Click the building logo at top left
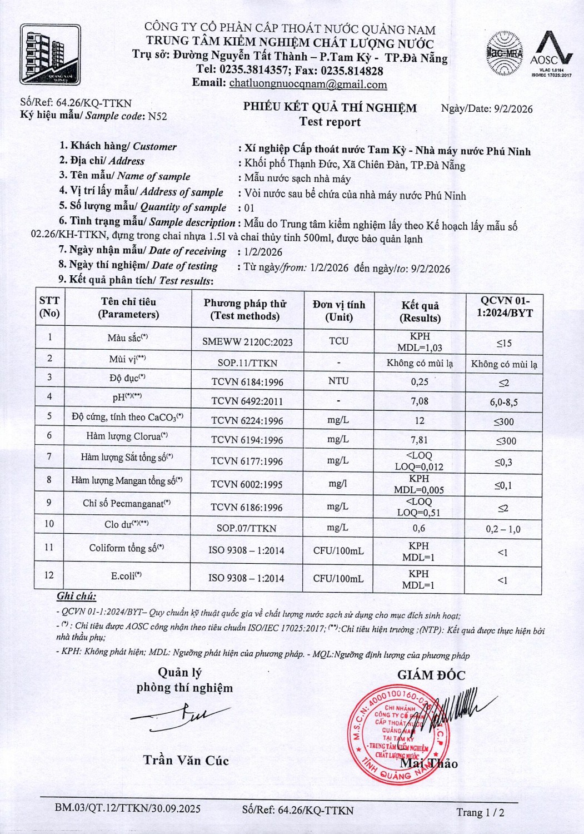[x=51, y=54]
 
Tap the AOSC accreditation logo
[x=551, y=54]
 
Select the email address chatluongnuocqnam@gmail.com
[x=308, y=85]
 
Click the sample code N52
[x=157, y=116]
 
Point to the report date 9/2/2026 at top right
[x=513, y=109]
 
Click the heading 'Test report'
[x=330, y=122]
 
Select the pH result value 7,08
[x=420, y=400]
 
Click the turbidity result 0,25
[x=420, y=381]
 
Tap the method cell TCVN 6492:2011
[x=247, y=401]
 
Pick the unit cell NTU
[x=338, y=381]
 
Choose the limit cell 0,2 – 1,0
[x=503, y=529]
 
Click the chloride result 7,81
[x=420, y=440]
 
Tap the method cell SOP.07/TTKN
[x=247, y=528]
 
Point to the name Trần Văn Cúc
[x=186, y=760]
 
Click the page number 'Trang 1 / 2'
[x=480, y=812]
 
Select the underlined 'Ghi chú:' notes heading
[x=76, y=597]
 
